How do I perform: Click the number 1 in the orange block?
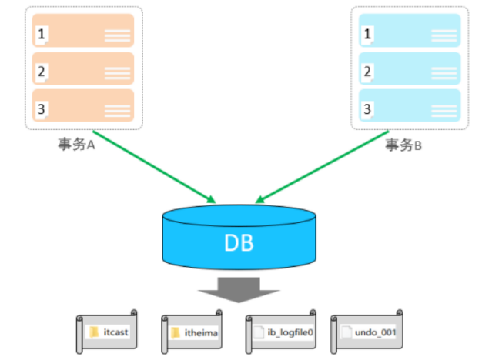[x=42, y=33]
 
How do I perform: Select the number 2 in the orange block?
[x=42, y=72]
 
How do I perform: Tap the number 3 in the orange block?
[x=42, y=108]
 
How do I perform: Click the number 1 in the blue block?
[x=368, y=33]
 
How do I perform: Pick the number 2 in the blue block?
[x=368, y=72]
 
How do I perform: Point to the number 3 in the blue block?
[x=368, y=108]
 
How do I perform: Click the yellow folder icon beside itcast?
[x=95, y=332]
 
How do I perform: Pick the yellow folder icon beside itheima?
[x=176, y=332]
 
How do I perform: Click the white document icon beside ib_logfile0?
[x=259, y=332]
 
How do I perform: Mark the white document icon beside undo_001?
[x=346, y=332]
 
